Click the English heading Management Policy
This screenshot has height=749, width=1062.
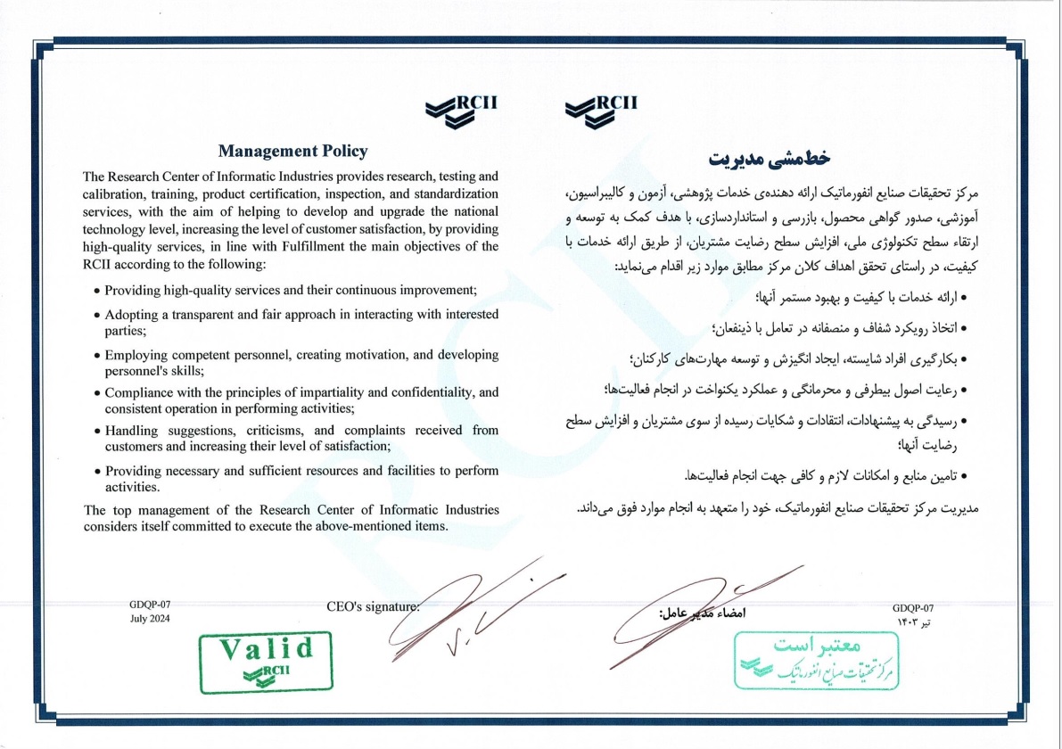[292, 152]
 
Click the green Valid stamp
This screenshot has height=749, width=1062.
[265, 662]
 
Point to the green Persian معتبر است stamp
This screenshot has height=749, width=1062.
[817, 661]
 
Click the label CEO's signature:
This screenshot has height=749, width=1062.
[373, 607]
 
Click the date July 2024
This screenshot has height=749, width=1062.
[149, 619]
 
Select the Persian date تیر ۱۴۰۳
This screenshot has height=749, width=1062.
[910, 618]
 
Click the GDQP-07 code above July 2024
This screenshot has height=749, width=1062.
[149, 605]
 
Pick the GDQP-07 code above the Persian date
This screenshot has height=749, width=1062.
[912, 605]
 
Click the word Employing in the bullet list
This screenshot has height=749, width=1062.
[134, 355]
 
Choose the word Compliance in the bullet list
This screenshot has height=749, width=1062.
[138, 392]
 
